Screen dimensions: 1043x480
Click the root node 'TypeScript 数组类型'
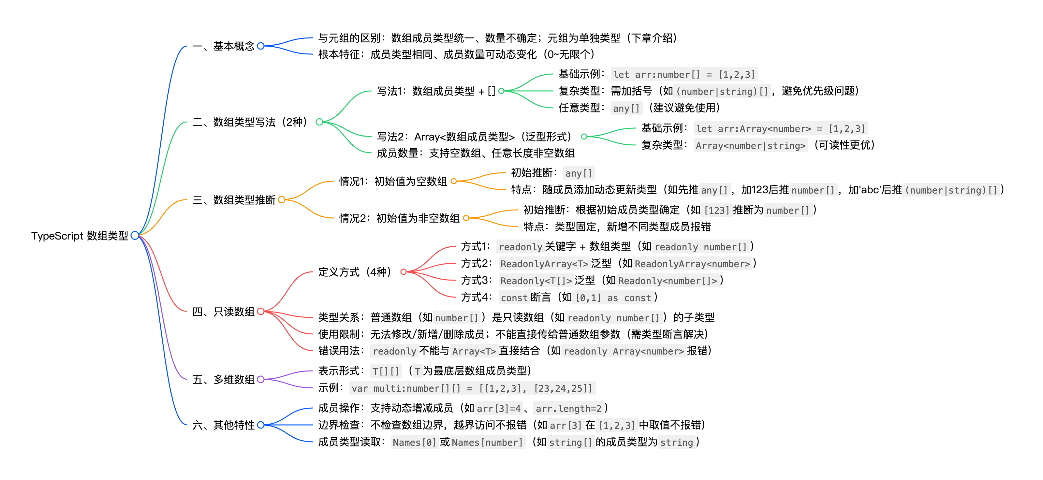80,236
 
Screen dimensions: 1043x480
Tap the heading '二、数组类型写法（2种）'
250,122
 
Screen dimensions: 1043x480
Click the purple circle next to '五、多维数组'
261,379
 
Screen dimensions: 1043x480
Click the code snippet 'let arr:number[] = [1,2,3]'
684,75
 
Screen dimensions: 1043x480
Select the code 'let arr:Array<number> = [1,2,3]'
780,129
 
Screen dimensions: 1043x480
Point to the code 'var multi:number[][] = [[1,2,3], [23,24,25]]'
472,388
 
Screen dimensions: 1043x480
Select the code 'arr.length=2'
568,408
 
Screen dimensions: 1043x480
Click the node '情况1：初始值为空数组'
393,181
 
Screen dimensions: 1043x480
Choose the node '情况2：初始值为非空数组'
399,218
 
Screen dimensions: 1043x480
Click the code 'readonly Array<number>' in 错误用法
624,351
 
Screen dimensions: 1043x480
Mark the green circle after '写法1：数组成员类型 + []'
501,91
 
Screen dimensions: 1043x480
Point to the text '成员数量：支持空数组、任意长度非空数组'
475,153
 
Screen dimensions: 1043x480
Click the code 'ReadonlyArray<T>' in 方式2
544,264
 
